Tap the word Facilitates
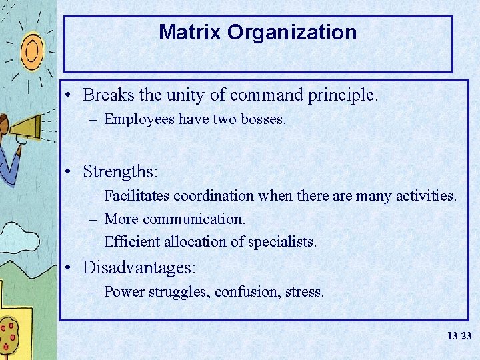(137, 196)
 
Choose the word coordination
(213, 196)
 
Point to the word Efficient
(131, 241)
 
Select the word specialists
(282, 241)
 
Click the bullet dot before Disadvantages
(70, 268)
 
